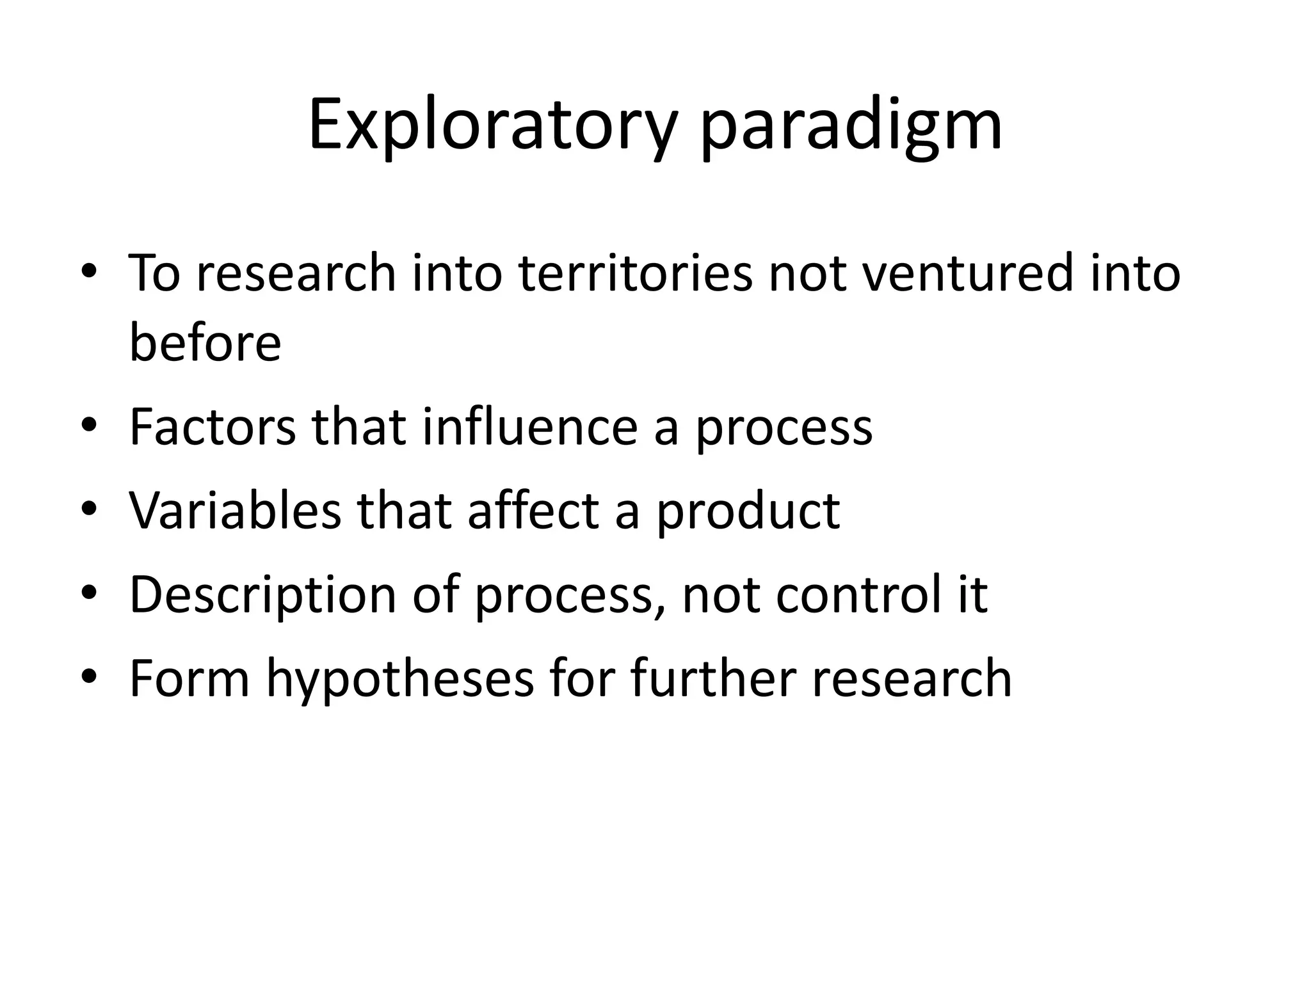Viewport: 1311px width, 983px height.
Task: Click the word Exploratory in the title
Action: pos(491,125)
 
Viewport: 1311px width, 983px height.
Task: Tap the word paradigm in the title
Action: pos(851,125)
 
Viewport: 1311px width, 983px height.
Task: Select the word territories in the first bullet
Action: pos(635,273)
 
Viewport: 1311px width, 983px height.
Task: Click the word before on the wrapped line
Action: pos(205,342)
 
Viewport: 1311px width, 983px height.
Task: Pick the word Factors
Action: pos(213,427)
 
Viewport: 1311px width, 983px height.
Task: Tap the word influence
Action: pos(529,427)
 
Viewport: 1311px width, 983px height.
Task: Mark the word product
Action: pos(748,512)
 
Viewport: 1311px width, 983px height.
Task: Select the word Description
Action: pos(262,595)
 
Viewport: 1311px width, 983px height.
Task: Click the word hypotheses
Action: pos(399,680)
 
